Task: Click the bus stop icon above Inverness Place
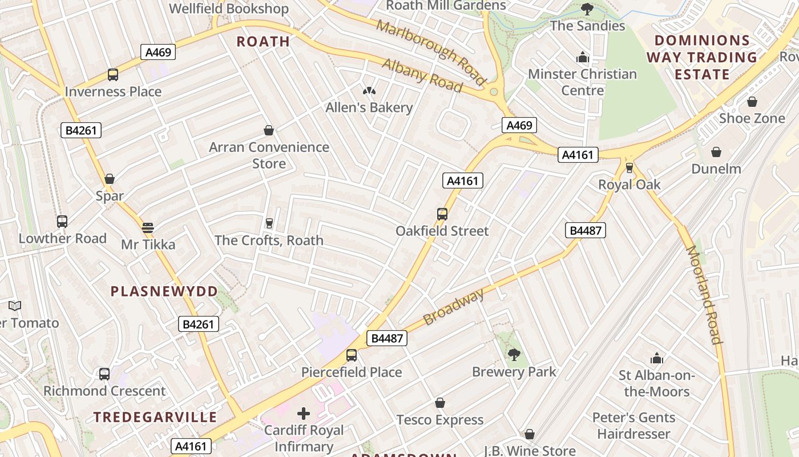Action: pos(113,75)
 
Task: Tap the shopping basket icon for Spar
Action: pos(110,179)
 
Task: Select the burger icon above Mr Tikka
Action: pos(148,228)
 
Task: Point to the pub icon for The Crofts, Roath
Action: pos(269,223)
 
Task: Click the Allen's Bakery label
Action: pos(369,107)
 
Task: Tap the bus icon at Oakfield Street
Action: pos(442,214)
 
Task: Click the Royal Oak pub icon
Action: pos(629,167)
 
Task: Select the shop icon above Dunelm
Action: pos(716,152)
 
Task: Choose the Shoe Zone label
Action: pos(752,118)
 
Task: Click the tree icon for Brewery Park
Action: pos(514,355)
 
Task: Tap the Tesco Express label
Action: pos(440,420)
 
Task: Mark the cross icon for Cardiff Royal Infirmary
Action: pos(304,413)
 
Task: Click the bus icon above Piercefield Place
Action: pos(352,355)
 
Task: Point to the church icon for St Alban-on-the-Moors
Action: pos(657,358)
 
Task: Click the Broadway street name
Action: pos(454,307)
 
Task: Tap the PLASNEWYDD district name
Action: pos(164,291)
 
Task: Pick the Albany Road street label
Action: pos(422,75)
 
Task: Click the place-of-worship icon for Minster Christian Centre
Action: pos(583,57)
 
